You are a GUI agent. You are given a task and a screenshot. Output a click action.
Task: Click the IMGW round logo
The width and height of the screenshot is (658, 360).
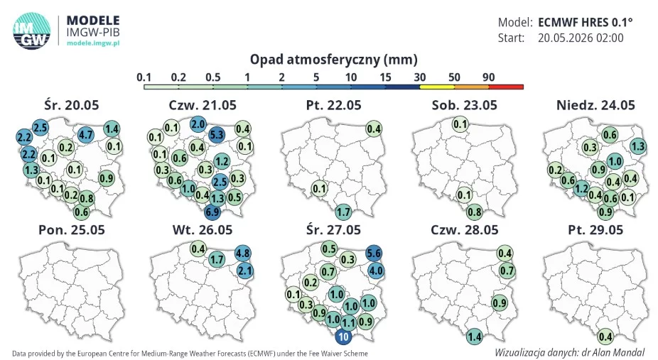[x=31, y=31]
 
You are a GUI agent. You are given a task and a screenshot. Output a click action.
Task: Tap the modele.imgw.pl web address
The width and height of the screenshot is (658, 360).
[x=93, y=43]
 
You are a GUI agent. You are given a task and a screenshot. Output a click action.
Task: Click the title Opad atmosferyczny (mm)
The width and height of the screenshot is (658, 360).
[x=333, y=60]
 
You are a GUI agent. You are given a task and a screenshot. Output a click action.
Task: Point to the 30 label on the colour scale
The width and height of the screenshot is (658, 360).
[x=420, y=77]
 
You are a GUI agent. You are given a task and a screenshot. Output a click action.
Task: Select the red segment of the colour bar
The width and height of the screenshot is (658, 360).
[x=506, y=87]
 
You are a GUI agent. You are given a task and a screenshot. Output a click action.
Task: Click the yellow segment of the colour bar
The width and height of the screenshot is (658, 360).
[x=437, y=87]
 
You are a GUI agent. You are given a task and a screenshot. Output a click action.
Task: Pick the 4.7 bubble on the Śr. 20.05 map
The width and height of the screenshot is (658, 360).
[x=86, y=135]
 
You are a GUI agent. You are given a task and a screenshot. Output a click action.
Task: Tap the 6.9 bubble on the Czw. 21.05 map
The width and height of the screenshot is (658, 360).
[x=212, y=212]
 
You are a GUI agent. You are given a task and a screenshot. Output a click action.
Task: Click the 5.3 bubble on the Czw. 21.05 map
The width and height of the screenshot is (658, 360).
[x=217, y=135]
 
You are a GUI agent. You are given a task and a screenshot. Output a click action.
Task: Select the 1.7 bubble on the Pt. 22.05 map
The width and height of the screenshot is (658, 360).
[x=344, y=212]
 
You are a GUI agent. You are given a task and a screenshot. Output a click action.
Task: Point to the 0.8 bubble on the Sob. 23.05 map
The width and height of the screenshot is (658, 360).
[x=475, y=212]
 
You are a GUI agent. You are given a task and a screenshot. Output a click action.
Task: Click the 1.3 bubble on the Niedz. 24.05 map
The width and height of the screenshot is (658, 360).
[x=638, y=146]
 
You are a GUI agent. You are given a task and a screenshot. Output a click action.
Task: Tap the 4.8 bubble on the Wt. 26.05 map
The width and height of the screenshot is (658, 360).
[x=243, y=253]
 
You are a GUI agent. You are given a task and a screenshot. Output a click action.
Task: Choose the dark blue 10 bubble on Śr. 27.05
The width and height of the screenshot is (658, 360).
[x=344, y=337]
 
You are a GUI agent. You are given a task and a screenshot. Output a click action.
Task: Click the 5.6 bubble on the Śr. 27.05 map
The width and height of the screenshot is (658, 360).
[x=374, y=253]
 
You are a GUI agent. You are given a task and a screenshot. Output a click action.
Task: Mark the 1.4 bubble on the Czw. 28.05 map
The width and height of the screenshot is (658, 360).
[x=475, y=337]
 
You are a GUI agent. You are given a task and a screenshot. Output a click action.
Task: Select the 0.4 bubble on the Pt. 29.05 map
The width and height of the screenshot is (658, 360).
[x=605, y=337]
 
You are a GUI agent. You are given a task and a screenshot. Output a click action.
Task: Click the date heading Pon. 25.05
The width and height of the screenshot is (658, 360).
[x=72, y=229]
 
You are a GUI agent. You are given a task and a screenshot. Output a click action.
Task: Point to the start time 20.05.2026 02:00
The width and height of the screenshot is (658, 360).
[x=581, y=38]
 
